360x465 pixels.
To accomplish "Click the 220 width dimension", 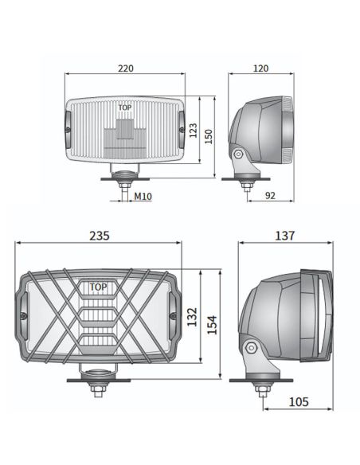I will pos(126,69).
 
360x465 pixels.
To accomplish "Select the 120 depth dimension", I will pos(260,69).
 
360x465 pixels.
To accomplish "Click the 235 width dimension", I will pos(99,236).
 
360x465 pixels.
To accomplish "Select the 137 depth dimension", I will pos(284,236).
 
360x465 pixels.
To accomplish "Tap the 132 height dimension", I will pos(192,318).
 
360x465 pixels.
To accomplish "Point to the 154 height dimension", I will pos(212,325).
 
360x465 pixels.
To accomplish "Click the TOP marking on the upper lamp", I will pos(126,106).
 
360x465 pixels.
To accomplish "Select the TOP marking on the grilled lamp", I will pos(98,287).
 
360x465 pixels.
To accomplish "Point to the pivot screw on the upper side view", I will pos(237,154).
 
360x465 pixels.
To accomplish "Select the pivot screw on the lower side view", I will pos(252,348).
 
